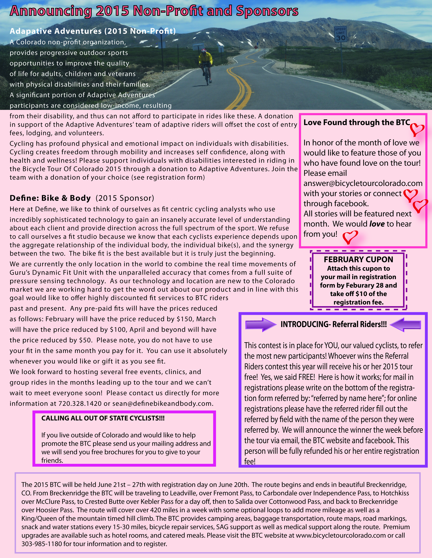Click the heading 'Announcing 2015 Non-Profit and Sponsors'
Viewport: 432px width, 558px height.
(x=154, y=11)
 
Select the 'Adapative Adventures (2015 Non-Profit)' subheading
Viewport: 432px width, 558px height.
(x=93, y=31)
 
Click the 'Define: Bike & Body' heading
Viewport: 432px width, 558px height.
(x=50, y=198)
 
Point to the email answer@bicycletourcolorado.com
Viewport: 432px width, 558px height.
(x=363, y=183)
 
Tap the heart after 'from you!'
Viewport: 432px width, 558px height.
(x=350, y=237)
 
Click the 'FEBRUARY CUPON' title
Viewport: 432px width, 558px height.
(x=358, y=259)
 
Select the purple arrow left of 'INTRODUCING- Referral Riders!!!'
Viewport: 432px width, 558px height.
(x=261, y=325)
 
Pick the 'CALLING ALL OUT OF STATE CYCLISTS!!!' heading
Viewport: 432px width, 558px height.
(x=103, y=418)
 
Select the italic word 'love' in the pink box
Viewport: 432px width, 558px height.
(x=377, y=224)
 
